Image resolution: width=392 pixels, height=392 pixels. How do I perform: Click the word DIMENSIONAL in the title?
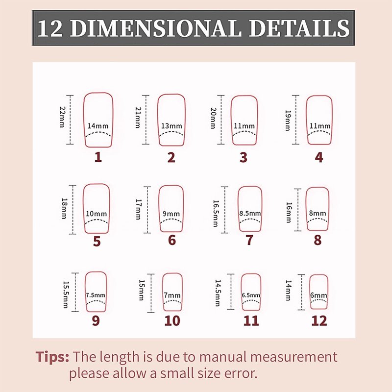(x=155, y=28)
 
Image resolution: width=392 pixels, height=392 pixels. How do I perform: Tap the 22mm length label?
(x=62, y=117)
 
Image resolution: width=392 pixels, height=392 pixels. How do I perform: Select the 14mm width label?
(x=98, y=126)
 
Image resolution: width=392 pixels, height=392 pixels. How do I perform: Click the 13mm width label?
(x=171, y=126)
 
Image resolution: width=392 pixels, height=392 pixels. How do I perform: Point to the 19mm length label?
(x=288, y=121)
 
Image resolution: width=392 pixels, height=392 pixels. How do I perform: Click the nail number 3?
(x=244, y=157)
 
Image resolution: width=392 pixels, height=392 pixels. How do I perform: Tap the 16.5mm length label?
(x=216, y=213)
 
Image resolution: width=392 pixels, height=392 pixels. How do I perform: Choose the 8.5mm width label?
(x=250, y=213)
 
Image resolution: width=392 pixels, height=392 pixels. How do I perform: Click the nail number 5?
(x=97, y=241)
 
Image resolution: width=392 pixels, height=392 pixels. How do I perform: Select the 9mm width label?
(x=171, y=214)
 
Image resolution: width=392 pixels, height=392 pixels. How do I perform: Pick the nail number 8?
(x=318, y=240)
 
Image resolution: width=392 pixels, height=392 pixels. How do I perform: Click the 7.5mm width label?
(x=96, y=295)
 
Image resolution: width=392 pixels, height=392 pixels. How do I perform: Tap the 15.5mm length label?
(x=66, y=294)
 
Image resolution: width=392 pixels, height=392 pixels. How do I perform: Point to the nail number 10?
(x=172, y=321)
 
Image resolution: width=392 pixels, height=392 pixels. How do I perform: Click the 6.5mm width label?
(x=251, y=295)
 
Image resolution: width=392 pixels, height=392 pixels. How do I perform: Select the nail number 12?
(x=319, y=321)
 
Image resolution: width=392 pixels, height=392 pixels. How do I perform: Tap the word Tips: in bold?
(x=52, y=357)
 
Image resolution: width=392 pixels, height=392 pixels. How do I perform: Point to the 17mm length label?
(x=138, y=209)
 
